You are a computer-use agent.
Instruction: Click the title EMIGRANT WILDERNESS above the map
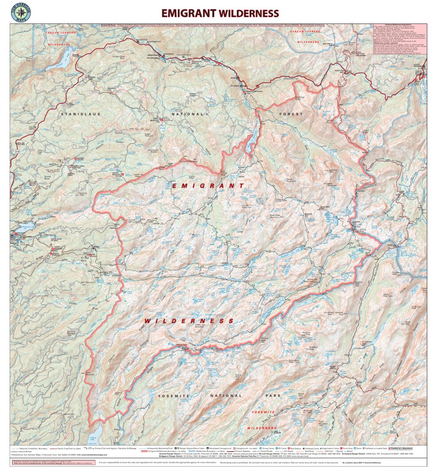coord(220,13)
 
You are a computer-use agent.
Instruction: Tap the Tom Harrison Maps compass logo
coord(21,13)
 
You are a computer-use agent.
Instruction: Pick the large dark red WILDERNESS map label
coord(189,320)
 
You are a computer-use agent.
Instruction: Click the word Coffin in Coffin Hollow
coord(74,303)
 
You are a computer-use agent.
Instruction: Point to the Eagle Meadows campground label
coord(156,119)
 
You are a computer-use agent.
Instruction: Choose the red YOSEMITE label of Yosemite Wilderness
coord(263,412)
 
